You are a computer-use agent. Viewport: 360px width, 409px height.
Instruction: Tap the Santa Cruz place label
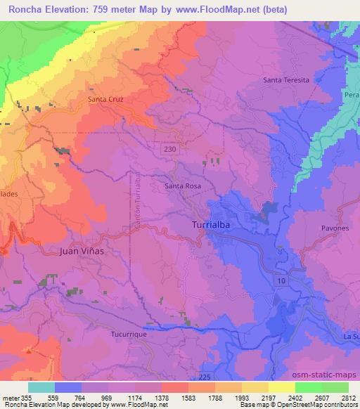[106, 100]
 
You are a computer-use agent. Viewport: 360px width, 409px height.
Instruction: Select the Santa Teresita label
[286, 80]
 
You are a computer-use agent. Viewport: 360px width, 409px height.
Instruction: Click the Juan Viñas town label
[82, 249]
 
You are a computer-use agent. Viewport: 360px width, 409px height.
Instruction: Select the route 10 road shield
[281, 280]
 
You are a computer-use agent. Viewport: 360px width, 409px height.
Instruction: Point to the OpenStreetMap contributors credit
[317, 405]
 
